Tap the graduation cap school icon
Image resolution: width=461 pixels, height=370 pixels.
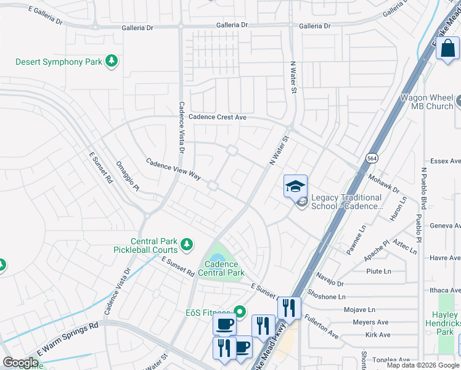tap(295, 186)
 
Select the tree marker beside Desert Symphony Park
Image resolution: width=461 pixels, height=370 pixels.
tap(112, 61)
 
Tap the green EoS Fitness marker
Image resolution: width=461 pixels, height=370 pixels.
tap(240, 312)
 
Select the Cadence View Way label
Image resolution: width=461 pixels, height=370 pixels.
tap(173, 168)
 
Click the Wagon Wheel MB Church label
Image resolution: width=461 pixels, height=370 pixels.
tap(427, 102)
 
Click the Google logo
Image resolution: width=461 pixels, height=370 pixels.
tap(20, 362)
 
